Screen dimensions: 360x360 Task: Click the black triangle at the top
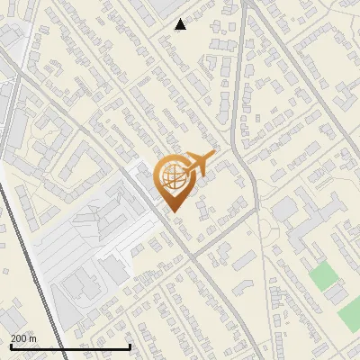point(181,25)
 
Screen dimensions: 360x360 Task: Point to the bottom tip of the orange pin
point(173,212)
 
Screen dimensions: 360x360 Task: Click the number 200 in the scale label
point(19,338)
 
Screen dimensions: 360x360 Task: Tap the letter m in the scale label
point(33,338)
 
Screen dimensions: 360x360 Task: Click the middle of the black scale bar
point(70,346)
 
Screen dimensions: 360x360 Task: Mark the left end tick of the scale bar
point(10,346)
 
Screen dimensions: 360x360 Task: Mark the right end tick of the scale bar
point(130,346)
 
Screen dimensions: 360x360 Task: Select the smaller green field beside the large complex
point(321,276)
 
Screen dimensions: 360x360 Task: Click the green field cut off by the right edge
point(350,314)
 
